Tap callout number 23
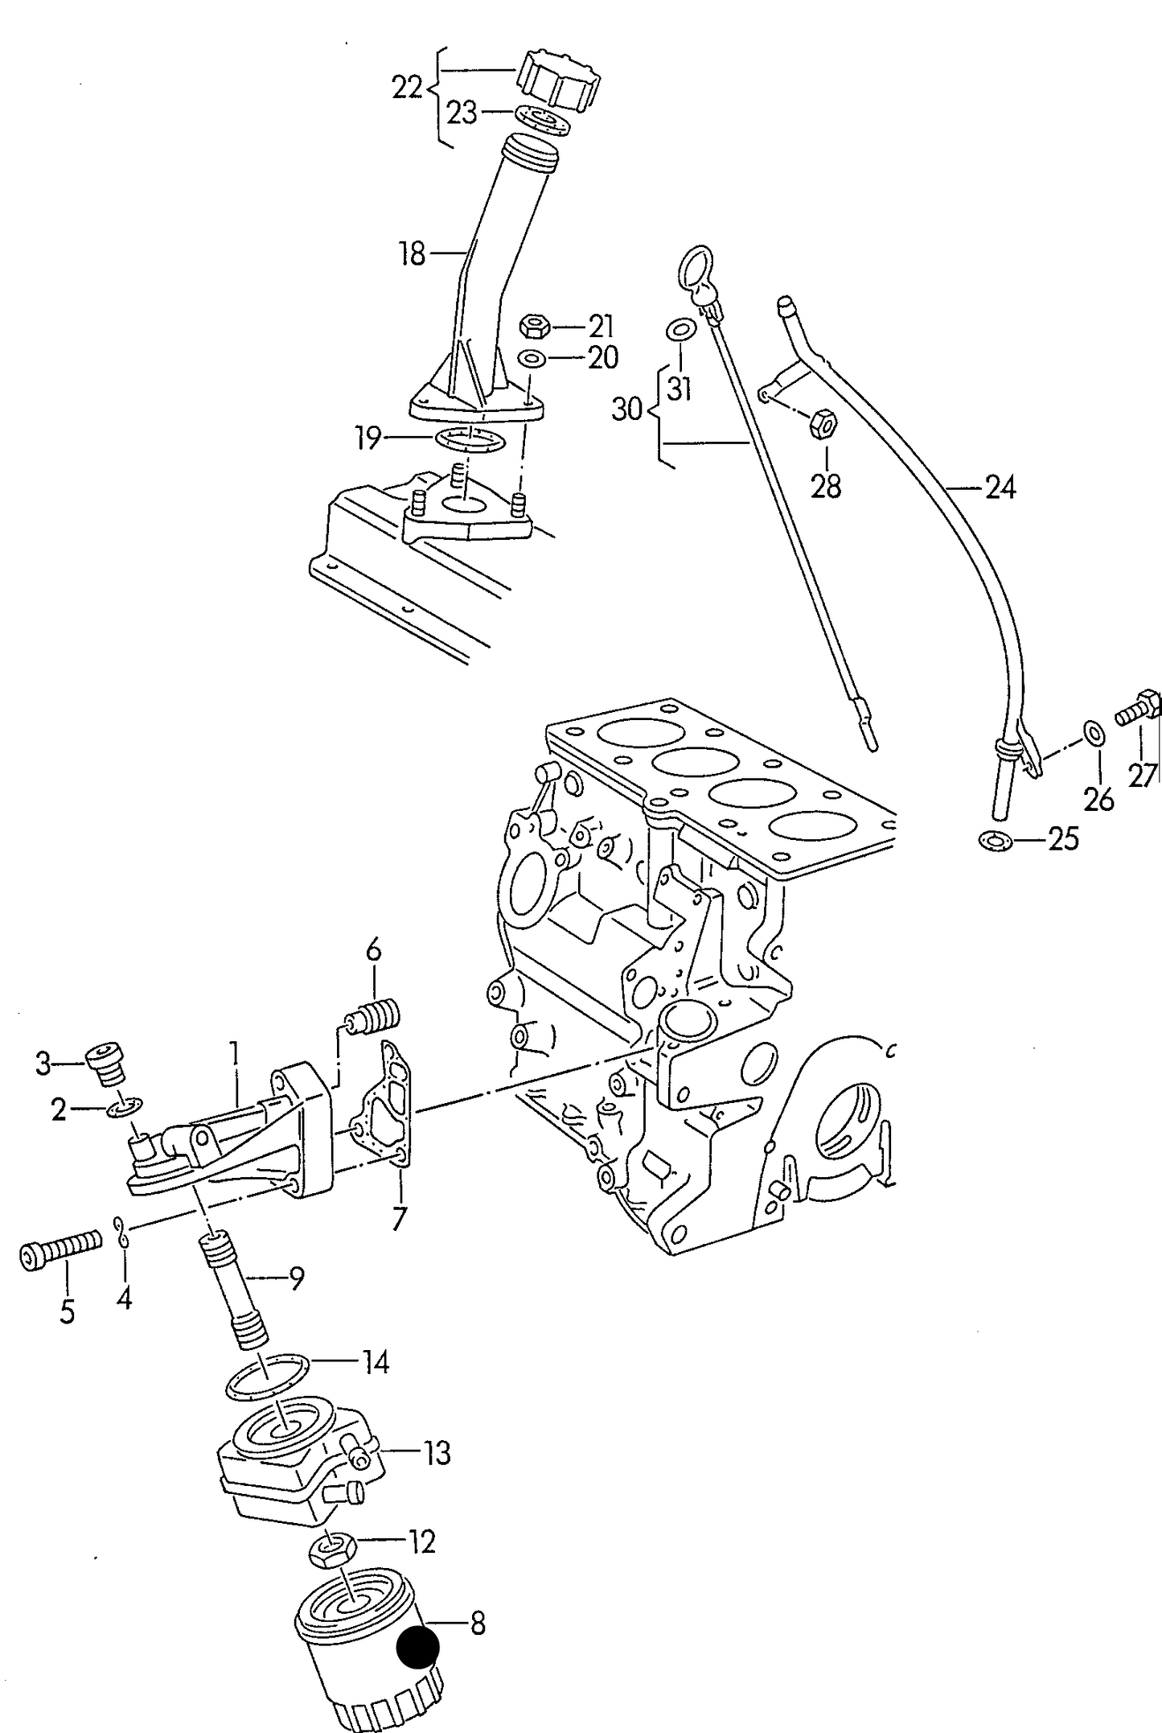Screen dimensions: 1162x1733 point(462,113)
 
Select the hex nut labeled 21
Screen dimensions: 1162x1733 point(535,326)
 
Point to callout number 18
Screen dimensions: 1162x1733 point(412,254)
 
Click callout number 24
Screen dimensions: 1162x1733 point(1000,488)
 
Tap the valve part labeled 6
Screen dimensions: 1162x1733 point(372,1016)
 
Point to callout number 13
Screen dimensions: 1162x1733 point(437,1454)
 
